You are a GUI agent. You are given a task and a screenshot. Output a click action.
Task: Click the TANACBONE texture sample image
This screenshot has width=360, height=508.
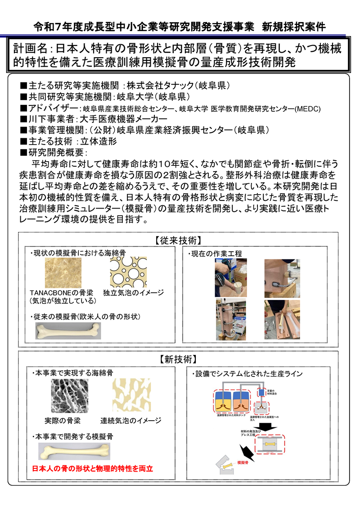(63, 272)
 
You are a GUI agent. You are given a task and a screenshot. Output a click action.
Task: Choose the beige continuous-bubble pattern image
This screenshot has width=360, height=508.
(131, 395)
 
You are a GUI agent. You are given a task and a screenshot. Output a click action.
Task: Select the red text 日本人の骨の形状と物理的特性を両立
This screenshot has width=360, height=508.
(93, 468)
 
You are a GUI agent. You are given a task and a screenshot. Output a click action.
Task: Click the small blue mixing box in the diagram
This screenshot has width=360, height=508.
(261, 392)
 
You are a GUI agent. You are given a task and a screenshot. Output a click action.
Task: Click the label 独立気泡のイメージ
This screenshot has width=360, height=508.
(133, 293)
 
